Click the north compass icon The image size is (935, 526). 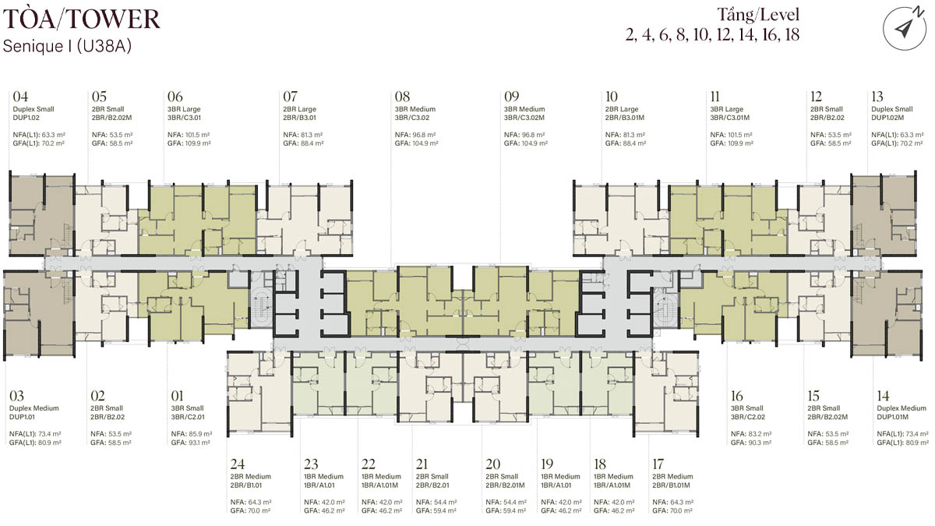coord(905,27)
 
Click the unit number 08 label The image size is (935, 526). coord(402,97)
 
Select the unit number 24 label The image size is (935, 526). coord(238,464)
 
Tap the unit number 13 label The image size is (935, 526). coord(877,97)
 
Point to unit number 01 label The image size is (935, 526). coord(177,396)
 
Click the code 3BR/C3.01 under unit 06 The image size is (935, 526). coord(184,118)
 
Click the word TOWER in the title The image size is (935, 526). coord(114,19)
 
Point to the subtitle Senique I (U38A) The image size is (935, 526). coord(67,46)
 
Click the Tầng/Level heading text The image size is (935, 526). coord(758,15)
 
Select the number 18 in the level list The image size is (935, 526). coord(792,34)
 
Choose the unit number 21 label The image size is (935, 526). coord(422,464)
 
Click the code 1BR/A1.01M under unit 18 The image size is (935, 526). coord(612,485)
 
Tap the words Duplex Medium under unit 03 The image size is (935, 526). coord(34,408)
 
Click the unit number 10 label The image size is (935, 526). coord(612,97)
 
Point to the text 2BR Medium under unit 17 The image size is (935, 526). coord(672,477)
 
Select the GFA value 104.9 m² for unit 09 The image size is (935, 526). coord(534,143)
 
